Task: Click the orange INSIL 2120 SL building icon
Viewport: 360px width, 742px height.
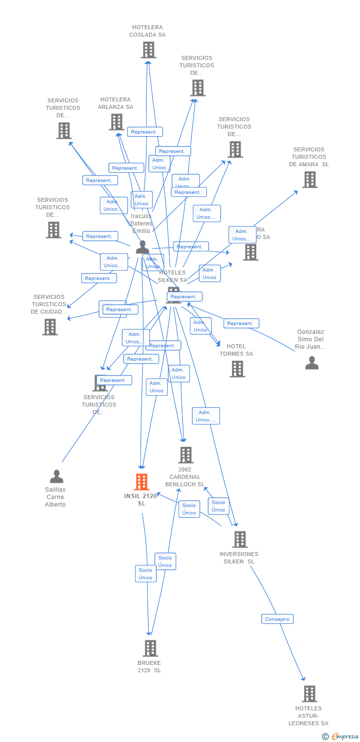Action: tap(142, 482)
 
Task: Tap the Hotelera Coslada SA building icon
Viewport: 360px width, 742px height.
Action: tap(148, 50)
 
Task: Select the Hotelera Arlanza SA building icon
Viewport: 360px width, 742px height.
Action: tap(116, 122)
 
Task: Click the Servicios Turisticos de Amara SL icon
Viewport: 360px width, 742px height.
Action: tap(310, 180)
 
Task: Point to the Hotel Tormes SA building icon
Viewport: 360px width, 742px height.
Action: tap(237, 369)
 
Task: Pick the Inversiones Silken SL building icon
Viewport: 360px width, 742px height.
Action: tap(240, 540)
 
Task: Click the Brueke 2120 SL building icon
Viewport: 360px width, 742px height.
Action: tap(150, 648)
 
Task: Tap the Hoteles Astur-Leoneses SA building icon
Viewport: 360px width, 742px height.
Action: tap(309, 694)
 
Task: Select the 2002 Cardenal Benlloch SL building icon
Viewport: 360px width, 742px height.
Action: tap(185, 455)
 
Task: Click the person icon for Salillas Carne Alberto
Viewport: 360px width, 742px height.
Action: tap(56, 477)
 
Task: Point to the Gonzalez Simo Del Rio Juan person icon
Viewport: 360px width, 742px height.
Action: tap(312, 363)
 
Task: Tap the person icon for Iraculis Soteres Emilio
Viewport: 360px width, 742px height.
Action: tap(142, 246)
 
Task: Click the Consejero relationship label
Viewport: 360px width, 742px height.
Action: tap(277, 619)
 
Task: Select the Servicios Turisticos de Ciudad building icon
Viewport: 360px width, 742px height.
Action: tap(50, 327)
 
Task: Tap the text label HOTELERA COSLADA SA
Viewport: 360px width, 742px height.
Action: tap(147, 31)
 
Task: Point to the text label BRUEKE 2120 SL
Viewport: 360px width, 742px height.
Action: tap(149, 666)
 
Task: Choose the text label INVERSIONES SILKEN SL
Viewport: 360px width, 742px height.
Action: tap(239, 557)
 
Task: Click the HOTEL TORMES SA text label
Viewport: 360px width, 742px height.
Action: tap(236, 350)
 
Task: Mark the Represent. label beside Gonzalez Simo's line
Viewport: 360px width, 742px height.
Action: tap(241, 324)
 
